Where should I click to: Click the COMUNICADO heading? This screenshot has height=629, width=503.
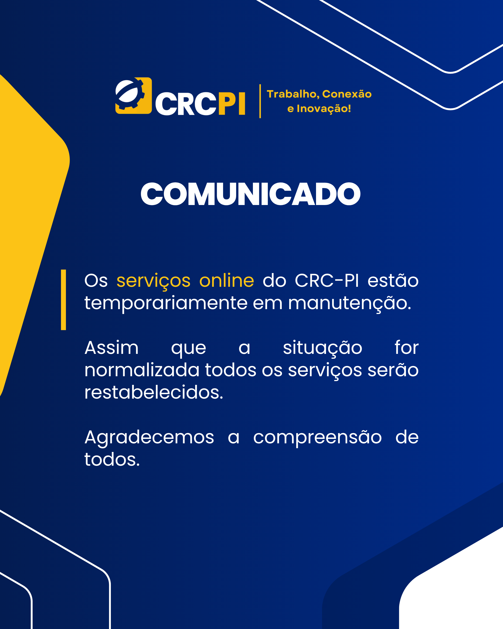251,194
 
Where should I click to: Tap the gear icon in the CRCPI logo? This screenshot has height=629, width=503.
133,96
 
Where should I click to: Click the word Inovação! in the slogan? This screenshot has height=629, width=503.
324,109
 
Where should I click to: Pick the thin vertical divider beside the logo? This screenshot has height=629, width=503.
260,101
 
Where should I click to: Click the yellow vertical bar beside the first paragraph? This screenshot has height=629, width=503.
63,300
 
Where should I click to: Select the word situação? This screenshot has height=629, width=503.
323,348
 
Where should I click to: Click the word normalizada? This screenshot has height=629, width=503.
142,370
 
